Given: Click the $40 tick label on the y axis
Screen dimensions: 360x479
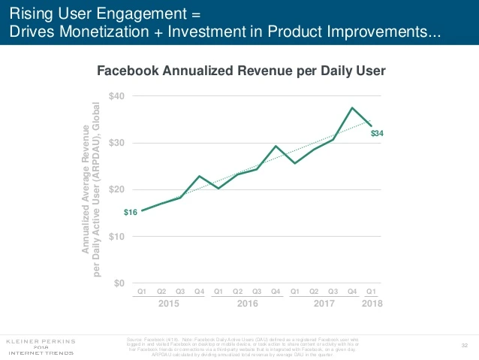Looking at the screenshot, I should pos(117,96).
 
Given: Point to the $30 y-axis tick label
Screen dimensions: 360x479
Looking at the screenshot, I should pos(117,143).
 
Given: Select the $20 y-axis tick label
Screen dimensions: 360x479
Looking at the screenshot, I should pos(117,189).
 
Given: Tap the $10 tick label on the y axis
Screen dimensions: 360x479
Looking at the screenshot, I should pos(117,236).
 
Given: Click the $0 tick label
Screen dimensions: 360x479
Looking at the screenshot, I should pos(119,283).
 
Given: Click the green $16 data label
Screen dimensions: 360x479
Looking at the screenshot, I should pos(129,213).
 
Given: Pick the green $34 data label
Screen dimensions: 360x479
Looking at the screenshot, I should pos(378,133).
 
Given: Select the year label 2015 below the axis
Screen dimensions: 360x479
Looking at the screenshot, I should pos(170,303).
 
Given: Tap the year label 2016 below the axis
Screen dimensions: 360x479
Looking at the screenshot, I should pos(247,303).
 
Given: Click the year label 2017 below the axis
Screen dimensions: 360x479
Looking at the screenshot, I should pos(324,303).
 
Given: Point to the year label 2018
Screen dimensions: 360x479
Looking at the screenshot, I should pos(371,303).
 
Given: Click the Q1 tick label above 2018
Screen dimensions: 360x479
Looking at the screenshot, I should pos(371,290).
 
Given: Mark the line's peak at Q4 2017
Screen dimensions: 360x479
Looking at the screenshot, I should pos(352,107).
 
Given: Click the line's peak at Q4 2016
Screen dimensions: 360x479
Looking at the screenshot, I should pos(276,146).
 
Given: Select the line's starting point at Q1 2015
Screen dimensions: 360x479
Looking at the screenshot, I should pos(142,210).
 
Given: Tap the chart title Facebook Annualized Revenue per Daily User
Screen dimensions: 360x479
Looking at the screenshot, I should pos(240,71).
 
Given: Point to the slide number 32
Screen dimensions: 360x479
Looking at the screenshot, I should pos(464,345).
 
